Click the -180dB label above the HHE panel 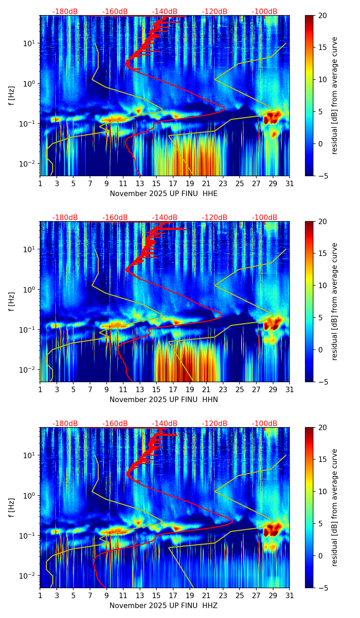tap(65, 12)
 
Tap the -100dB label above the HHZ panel tap(265, 424)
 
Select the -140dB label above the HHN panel tap(165, 218)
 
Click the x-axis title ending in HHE tap(164, 194)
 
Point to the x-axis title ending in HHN tap(164, 400)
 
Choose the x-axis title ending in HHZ tap(164, 606)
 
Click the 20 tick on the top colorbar tap(322, 15)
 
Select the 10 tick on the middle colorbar tap(322, 285)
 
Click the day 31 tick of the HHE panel tap(290, 184)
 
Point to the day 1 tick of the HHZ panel tap(40, 596)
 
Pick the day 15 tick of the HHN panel tap(156, 390)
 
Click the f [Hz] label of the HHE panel tap(12, 96)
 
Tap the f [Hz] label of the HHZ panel tap(12, 508)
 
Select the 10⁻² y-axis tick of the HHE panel tap(30, 164)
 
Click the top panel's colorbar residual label tap(335, 96)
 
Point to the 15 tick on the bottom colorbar tap(322, 460)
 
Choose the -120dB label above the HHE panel tap(215, 12)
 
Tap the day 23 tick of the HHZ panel tap(223, 596)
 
